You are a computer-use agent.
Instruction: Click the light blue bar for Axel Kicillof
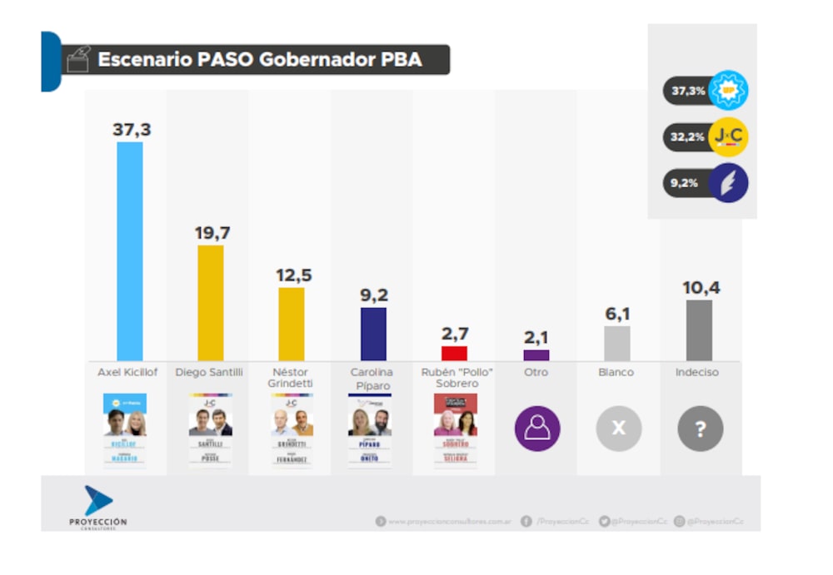[x=129, y=250]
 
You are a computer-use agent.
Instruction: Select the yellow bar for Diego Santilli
[x=211, y=302]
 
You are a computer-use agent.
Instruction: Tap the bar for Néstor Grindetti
[x=292, y=324]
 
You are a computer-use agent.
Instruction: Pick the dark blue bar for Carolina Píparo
[x=373, y=334]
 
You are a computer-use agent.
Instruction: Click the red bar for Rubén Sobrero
[x=454, y=353]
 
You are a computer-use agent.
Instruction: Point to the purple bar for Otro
[x=536, y=355]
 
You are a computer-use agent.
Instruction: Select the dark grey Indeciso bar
[x=700, y=330]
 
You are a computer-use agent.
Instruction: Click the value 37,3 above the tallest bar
[x=131, y=130]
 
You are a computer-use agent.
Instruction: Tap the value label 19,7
[x=212, y=233]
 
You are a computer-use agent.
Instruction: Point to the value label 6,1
[x=617, y=314]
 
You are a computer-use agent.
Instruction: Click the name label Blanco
[x=617, y=373]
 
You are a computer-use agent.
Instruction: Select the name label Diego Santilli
[x=209, y=373]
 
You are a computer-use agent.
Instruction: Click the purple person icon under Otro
[x=536, y=429]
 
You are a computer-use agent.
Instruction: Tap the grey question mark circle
[x=700, y=429]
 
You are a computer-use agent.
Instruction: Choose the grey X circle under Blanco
[x=618, y=429]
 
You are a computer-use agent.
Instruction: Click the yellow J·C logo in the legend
[x=728, y=136]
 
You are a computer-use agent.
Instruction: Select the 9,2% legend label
[x=684, y=184]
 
